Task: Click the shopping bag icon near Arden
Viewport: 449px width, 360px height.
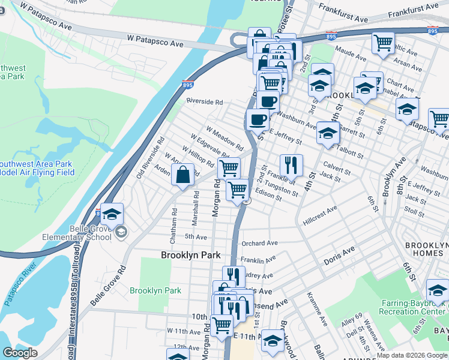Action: [182, 175]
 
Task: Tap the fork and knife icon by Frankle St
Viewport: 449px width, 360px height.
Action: [291, 165]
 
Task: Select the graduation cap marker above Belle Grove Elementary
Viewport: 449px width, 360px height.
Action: [112, 213]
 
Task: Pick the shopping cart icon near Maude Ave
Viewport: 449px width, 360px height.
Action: [383, 43]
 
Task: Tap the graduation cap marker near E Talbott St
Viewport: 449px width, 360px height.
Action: [328, 133]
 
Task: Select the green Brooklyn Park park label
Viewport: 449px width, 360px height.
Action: [155, 290]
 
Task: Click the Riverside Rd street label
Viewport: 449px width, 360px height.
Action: [204, 101]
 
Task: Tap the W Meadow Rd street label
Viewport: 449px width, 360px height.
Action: [224, 138]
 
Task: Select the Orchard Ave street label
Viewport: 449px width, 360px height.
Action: [259, 244]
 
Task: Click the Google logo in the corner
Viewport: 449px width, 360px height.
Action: [20, 353]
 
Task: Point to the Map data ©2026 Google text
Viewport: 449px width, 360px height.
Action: [412, 355]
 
